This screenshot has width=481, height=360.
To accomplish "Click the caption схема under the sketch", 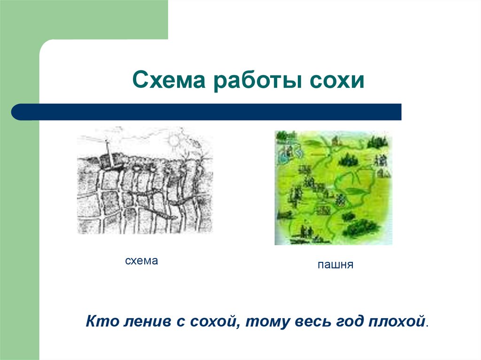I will (141, 261).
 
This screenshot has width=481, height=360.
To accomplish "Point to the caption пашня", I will (335, 265).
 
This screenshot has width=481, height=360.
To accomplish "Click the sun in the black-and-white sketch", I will (175, 139).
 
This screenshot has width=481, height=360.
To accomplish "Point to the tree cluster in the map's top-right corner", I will (379, 140).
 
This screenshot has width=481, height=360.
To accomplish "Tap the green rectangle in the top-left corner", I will (84, 19).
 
